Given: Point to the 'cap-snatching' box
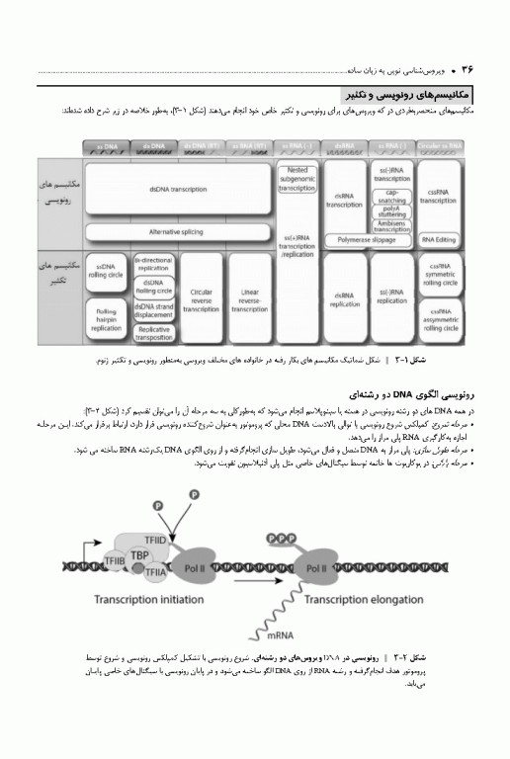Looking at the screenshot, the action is [391, 195].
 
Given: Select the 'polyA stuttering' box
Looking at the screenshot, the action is [391, 211].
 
